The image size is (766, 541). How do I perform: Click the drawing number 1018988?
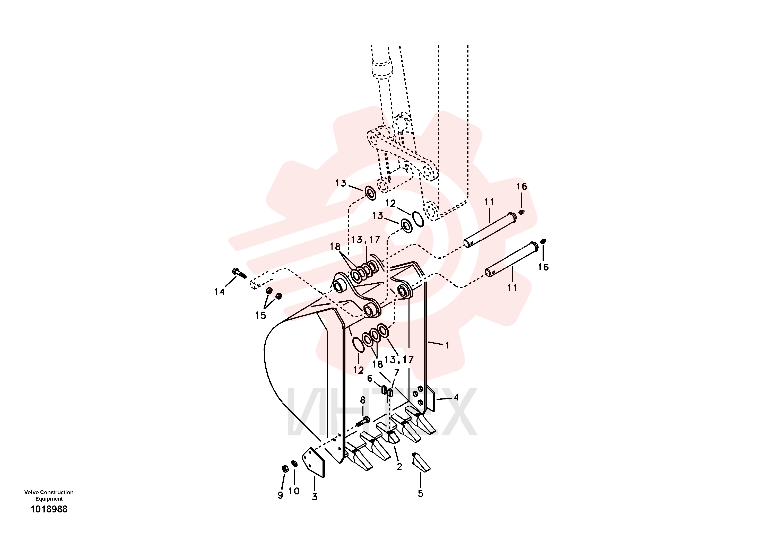tap(49, 509)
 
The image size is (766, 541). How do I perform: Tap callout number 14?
tap(219, 292)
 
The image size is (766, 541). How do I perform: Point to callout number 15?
tap(260, 315)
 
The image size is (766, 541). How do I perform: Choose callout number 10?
tap(294, 491)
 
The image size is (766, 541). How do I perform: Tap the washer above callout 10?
tap(294, 464)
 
